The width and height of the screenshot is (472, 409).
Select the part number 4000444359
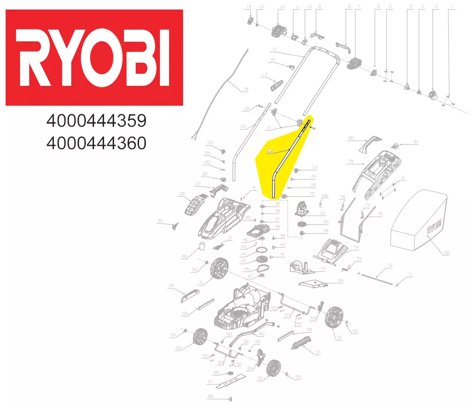[x=96, y=122]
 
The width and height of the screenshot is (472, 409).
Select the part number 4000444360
[x=96, y=143]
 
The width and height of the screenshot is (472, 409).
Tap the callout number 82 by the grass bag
[x=447, y=252]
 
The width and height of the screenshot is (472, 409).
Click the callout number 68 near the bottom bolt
[x=210, y=396]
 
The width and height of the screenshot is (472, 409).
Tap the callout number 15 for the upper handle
[x=273, y=49]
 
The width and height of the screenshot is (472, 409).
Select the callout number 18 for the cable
[x=246, y=89]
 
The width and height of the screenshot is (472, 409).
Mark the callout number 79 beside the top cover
[x=350, y=161]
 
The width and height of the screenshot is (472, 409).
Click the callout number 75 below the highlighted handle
[x=312, y=194]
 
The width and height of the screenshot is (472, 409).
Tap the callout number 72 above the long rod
[x=389, y=265]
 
